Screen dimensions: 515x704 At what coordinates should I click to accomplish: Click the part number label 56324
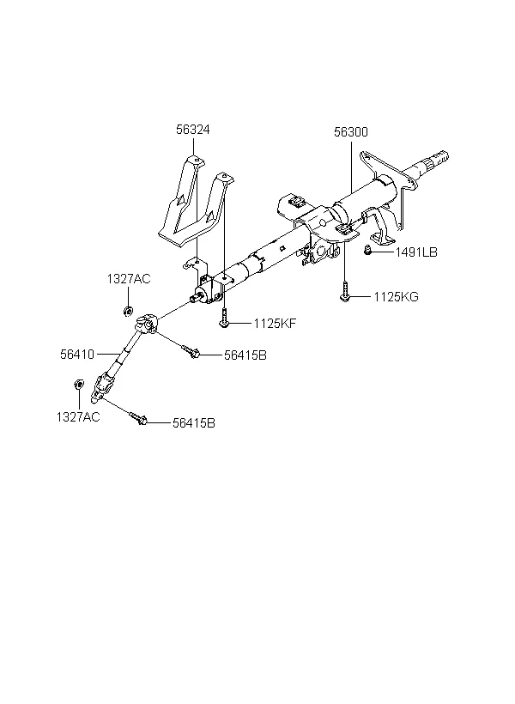[x=192, y=130]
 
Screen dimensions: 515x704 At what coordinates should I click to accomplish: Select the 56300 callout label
[x=351, y=132]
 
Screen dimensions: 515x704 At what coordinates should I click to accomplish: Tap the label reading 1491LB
[x=415, y=252]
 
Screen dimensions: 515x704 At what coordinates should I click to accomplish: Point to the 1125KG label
[x=396, y=297]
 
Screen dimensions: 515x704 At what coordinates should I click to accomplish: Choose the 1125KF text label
[x=275, y=324]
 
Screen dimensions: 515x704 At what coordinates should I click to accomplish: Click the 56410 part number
[x=77, y=355]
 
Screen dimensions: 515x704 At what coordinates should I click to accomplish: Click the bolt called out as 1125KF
[x=224, y=318]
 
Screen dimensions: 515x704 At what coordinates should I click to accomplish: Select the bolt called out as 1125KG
[x=344, y=291]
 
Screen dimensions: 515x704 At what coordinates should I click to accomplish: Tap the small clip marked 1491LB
[x=367, y=250]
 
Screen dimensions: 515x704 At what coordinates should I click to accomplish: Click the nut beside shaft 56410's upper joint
[x=129, y=310]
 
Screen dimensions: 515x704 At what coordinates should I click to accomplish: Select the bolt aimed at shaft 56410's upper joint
[x=191, y=351]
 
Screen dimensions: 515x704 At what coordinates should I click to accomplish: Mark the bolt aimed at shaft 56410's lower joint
[x=138, y=418]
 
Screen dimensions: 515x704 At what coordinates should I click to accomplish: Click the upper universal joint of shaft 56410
[x=147, y=324]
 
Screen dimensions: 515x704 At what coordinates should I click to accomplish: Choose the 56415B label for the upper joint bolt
[x=245, y=355]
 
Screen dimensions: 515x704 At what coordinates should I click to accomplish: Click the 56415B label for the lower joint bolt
[x=194, y=423]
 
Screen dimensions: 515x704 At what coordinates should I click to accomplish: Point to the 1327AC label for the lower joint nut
[x=78, y=417]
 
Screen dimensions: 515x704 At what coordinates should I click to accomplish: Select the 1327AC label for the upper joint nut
[x=129, y=279]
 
